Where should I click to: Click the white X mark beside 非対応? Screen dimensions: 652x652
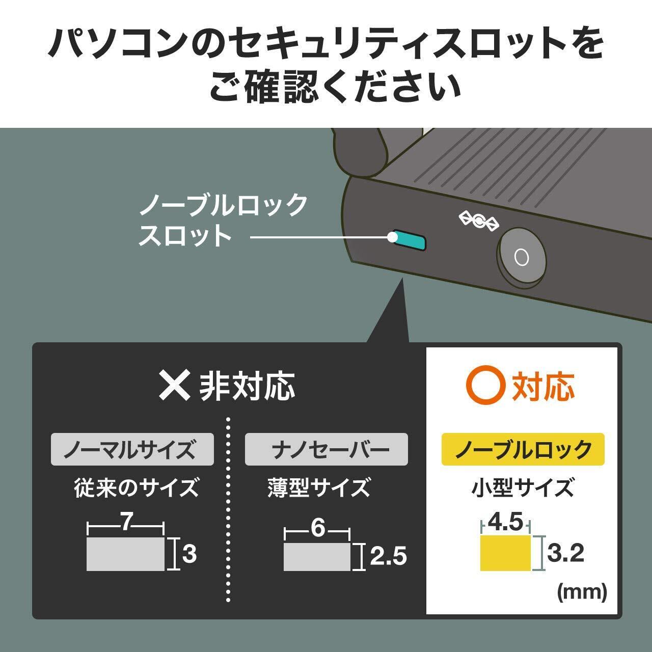[175, 386]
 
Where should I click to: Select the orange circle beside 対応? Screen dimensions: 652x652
[485, 386]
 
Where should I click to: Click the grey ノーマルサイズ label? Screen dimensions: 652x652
[132, 449]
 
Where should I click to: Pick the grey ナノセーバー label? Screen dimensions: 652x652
[326, 449]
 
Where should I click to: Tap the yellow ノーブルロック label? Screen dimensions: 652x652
[523, 449]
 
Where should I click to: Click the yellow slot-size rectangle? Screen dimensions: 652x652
[506, 553]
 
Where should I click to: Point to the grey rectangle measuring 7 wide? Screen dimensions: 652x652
[125, 554]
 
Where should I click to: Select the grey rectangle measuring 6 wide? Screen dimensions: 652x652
[317, 556]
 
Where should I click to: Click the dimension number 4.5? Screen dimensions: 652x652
[505, 522]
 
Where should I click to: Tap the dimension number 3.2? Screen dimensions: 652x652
[565, 553]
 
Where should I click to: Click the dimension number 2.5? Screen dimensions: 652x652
[388, 556]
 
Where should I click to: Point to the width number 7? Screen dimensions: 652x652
[127, 523]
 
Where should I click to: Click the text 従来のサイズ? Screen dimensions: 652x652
[136, 487]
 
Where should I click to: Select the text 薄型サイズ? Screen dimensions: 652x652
[319, 487]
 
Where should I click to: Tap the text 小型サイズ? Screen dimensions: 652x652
[523, 487]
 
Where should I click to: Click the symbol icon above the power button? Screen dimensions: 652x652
[479, 220]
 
